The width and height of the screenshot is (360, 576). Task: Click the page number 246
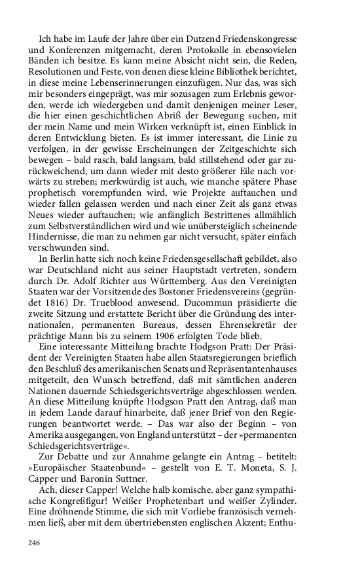click(35, 543)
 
